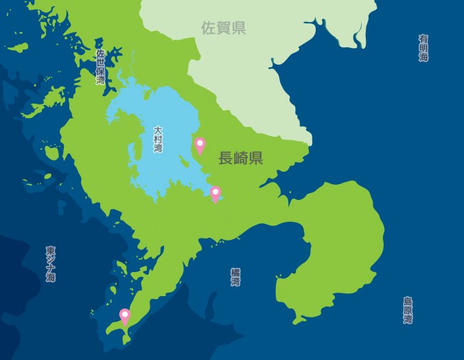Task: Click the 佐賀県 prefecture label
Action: pos(223,28)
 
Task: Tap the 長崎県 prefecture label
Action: pos(240,158)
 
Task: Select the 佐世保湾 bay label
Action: pos(101,67)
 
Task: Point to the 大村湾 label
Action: pos(158,139)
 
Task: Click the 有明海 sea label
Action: pos(424,48)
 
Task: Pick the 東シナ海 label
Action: pos(51,264)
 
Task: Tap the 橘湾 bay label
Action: pos(235,277)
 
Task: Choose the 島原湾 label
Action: pos(408,311)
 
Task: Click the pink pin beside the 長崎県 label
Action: pos(200,145)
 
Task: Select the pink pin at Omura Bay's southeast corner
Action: pos(215,194)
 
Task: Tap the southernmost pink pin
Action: pos(125,316)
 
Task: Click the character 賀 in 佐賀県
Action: pos(223,28)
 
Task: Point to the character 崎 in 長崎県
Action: pos(240,158)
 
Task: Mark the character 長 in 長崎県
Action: pos(226,158)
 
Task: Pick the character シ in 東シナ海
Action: pos(51,259)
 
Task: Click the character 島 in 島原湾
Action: pos(408,301)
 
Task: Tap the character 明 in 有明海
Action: pos(424,48)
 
